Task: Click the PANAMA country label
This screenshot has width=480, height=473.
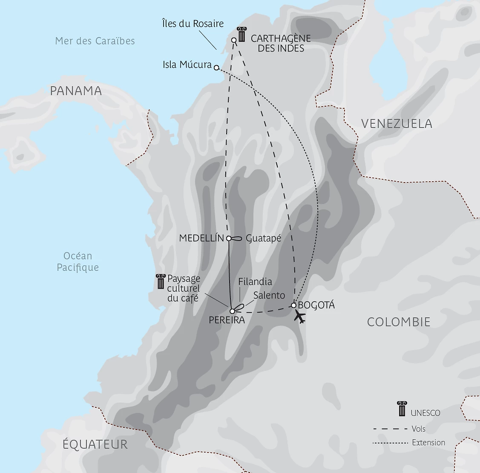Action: [76, 91]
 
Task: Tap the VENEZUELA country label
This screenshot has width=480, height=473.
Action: [397, 124]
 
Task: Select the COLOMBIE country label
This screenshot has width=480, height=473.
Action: [399, 322]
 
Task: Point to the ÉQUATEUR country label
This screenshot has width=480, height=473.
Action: [95, 444]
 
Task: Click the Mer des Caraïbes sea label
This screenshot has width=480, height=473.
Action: [95, 41]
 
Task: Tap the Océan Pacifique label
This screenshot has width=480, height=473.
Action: [78, 261]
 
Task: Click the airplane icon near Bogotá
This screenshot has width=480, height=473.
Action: [300, 317]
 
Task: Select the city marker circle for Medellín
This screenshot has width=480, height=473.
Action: [229, 238]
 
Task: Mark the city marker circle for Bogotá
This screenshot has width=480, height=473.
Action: [293, 305]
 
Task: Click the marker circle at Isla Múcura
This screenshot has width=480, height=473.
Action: [216, 67]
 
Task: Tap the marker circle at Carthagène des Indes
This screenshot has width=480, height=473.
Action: [234, 40]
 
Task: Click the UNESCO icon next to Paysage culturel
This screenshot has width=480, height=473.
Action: [160, 282]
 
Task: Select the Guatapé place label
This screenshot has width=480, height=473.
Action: [264, 238]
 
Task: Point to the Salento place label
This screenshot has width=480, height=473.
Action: [269, 295]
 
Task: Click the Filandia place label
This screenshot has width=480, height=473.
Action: [255, 281]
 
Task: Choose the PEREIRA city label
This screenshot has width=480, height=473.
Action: [227, 319]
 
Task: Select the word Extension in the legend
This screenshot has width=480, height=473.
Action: [428, 442]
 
